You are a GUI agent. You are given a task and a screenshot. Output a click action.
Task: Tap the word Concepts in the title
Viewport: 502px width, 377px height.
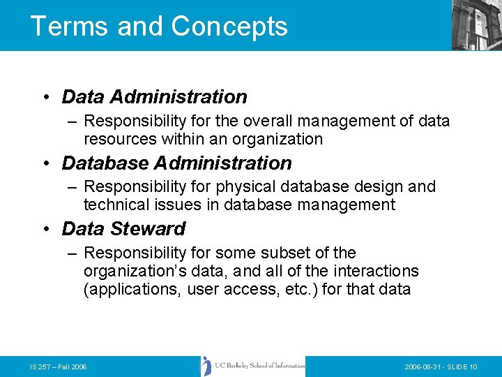229,26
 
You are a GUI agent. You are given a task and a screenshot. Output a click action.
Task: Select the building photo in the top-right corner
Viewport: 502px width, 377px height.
476,25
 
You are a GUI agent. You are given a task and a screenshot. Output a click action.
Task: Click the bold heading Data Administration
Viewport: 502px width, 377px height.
154,96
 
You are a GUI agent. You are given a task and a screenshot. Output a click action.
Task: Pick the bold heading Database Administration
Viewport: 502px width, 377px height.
176,163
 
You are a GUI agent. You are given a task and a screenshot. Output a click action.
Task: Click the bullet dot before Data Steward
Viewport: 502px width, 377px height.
46,229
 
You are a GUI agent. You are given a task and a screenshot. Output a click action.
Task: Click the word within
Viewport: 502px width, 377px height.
184,139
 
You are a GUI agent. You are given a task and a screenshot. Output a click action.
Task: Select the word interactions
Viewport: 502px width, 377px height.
380,270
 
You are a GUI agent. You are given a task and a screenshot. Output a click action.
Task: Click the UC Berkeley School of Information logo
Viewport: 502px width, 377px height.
253,367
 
